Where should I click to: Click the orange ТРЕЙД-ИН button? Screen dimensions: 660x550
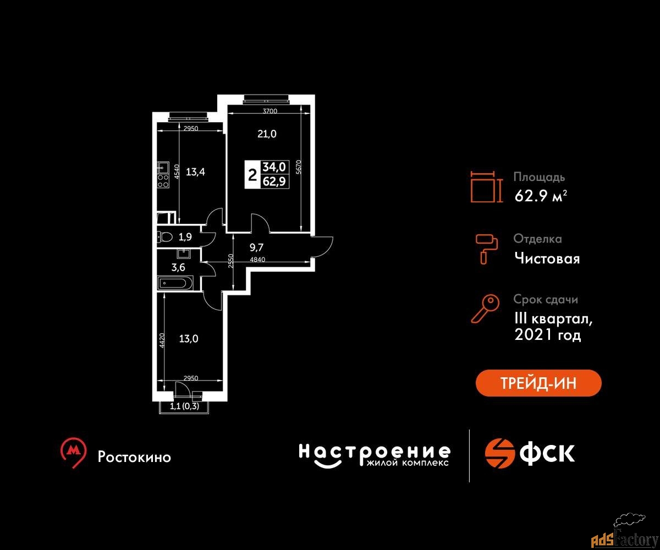pyautogui.click(x=538, y=383)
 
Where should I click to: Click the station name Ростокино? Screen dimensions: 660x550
pyautogui.click(x=134, y=457)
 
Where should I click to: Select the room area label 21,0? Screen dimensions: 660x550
pyautogui.click(x=267, y=134)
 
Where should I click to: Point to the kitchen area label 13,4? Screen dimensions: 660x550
pyautogui.click(x=195, y=172)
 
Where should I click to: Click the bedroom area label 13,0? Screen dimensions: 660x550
pyautogui.click(x=189, y=339)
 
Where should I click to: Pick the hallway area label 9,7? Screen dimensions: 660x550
pyautogui.click(x=256, y=247)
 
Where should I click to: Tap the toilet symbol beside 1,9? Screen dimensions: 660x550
pyautogui.click(x=164, y=237)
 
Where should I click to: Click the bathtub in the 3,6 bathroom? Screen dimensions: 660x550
pyautogui.click(x=175, y=283)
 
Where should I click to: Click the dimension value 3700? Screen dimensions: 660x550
pyautogui.click(x=270, y=111)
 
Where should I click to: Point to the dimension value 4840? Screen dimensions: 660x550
pyautogui.click(x=257, y=260)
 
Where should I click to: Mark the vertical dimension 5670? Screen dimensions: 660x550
pyautogui.click(x=299, y=167)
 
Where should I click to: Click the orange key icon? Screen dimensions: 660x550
pyautogui.click(x=485, y=309)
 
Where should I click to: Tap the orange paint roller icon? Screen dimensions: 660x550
pyautogui.click(x=486, y=249)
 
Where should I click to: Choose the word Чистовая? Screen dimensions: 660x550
pyautogui.click(x=547, y=258)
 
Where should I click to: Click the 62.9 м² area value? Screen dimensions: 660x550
pyautogui.click(x=541, y=196)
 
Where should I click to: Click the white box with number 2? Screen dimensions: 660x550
pyautogui.click(x=252, y=174)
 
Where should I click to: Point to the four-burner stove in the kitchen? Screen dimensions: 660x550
pyautogui.click(x=163, y=181)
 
